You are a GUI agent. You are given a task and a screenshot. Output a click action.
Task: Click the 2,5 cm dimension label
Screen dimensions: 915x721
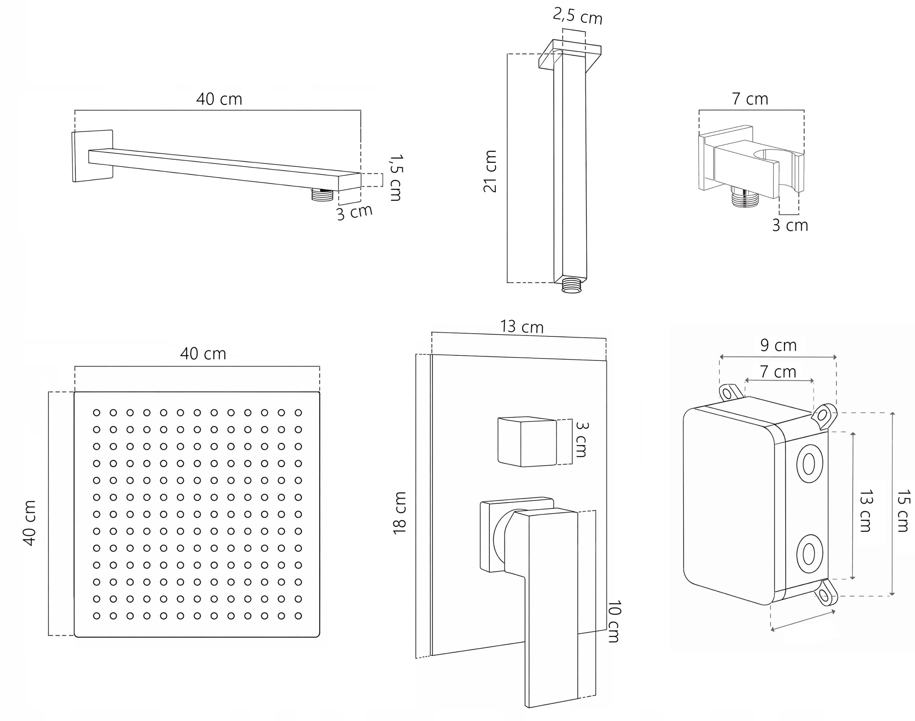click(x=578, y=16)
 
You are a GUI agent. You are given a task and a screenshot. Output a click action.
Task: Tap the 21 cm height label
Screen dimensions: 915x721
click(x=490, y=171)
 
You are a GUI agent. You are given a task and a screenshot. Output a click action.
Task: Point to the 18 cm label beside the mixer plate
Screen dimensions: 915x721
click(x=399, y=513)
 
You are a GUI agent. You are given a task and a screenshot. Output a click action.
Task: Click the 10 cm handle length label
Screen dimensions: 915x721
click(x=614, y=621)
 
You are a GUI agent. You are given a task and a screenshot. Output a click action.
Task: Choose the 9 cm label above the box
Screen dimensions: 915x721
click(x=778, y=345)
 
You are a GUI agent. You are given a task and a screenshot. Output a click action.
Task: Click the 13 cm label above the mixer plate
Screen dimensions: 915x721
click(x=522, y=327)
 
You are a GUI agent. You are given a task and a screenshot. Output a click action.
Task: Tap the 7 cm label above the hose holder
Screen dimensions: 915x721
click(x=750, y=99)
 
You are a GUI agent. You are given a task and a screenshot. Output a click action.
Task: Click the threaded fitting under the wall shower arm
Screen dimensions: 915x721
click(x=322, y=195)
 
